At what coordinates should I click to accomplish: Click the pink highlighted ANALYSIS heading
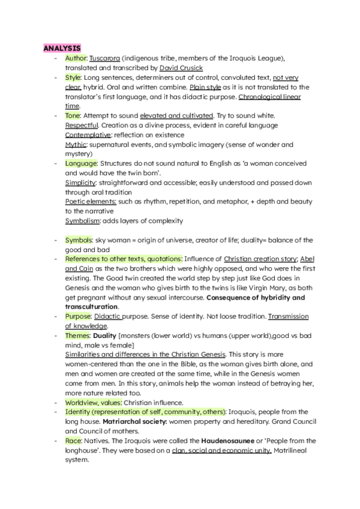pos(62,47)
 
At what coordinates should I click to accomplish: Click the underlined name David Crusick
pos(181,68)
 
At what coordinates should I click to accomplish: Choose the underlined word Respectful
pos(82,125)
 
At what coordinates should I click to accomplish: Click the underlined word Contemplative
pos(88,134)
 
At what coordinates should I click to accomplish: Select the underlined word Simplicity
pos(81,182)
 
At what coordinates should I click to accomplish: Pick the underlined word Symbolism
pos(83,221)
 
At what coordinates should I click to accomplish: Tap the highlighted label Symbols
pos(79,240)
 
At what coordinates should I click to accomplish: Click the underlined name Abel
pos(307,259)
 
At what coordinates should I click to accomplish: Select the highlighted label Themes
pos(79,336)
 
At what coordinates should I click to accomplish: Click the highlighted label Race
pos(74,441)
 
